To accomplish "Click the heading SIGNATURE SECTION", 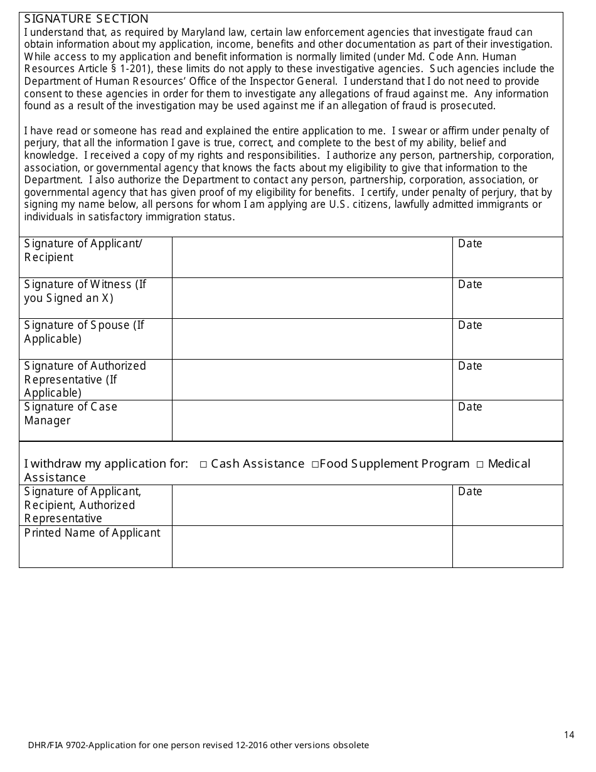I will pos(86,19).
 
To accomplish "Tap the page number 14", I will pos(569,735).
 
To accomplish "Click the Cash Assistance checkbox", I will pos(204,464).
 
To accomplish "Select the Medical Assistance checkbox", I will pos(479,464).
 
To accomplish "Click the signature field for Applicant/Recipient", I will pos(312,257).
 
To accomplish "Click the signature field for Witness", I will pos(312,298).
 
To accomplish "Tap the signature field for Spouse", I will pos(312,338).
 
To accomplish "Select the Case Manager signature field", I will pos(312,420).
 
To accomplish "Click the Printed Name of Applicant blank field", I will pos(312,546).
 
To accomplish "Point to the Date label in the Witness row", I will pos(470,285).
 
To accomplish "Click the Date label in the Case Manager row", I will pos(470,407).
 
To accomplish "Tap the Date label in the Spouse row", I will pos(470,326).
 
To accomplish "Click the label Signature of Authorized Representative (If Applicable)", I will pos(85,379).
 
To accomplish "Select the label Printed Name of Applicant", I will pos(92,533).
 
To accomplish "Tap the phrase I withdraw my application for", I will pos(106,464).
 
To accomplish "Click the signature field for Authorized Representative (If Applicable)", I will pos(312,379).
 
